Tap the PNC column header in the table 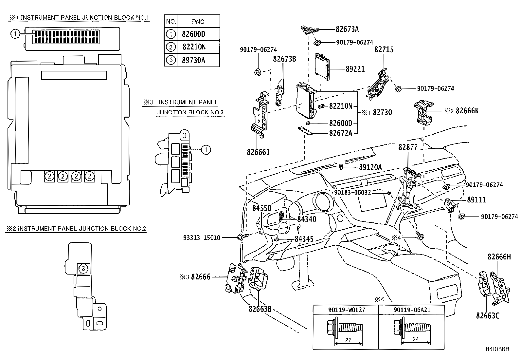point(198,22)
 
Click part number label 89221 point(355,69)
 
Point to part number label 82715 point(384,50)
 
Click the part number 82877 point(408,148)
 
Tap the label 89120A point(370,167)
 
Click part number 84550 point(262,208)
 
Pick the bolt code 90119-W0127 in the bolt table point(347,310)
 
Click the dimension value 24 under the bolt point(415,340)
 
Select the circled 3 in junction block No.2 point(83,269)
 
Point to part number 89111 point(476,200)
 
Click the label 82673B point(284,59)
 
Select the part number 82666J point(258,152)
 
